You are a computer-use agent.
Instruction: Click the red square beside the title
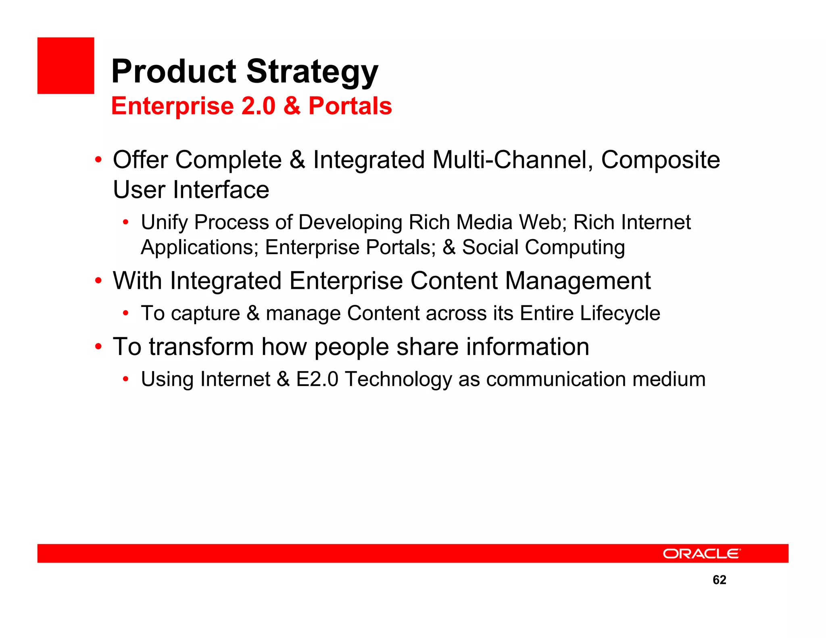66,66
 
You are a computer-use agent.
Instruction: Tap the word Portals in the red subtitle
350,106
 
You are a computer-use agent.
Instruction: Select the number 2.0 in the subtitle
258,106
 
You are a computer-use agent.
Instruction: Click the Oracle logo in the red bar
701,554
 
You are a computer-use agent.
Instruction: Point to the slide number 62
719,580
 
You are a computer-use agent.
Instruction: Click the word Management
578,281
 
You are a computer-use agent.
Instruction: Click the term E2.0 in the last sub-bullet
317,379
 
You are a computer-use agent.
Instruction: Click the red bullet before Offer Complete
98,160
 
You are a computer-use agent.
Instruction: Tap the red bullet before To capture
126,313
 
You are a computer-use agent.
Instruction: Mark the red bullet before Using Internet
126,379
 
